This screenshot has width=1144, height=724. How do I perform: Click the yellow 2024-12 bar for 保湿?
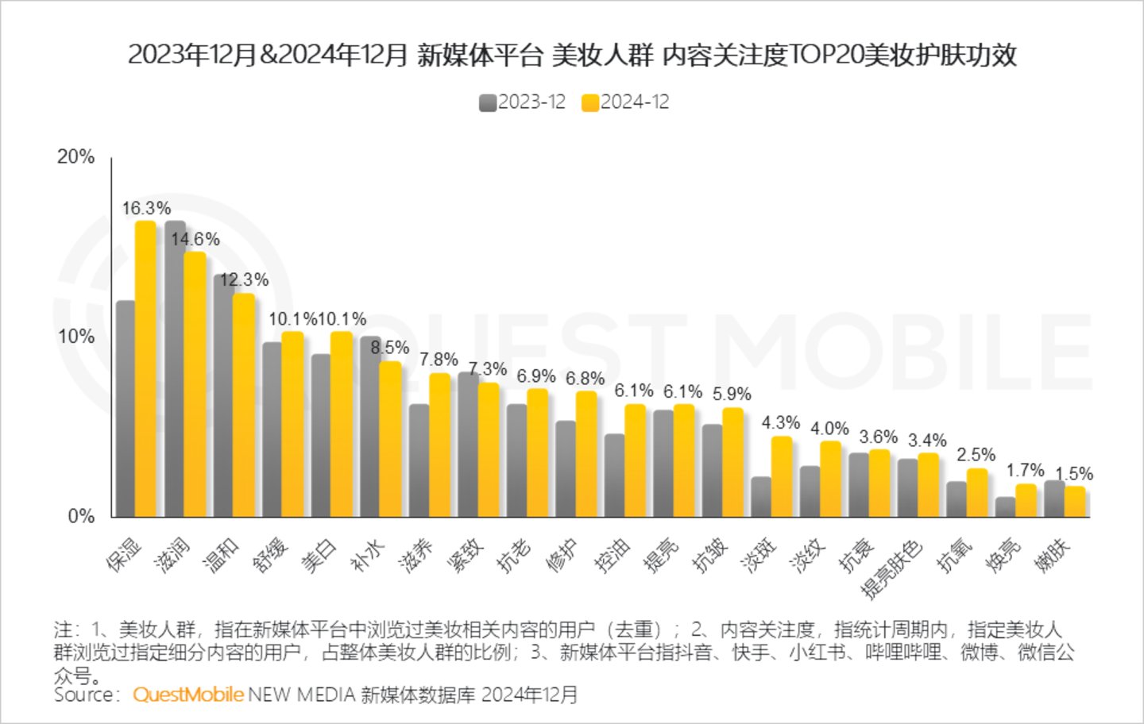coord(145,369)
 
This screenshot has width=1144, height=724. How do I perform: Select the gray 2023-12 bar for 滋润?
coord(175,369)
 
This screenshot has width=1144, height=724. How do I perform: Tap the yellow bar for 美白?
coord(342,425)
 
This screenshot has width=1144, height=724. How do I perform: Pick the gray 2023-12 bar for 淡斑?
coord(761,497)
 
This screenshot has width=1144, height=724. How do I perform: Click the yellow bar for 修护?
coord(586,454)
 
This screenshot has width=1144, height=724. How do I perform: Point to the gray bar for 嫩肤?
coord(1054,499)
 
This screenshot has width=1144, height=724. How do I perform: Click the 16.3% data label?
coord(146,208)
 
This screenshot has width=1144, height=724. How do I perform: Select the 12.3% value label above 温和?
coord(244,279)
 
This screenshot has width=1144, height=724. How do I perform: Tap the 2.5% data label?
coord(976,455)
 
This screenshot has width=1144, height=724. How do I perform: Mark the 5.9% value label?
coord(732,394)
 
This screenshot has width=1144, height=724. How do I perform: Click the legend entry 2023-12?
coord(523,102)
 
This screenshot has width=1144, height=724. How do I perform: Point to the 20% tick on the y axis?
coord(75,156)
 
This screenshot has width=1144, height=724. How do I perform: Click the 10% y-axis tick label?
coord(75,336)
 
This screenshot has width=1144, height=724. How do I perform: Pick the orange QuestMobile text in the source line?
coord(188,695)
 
